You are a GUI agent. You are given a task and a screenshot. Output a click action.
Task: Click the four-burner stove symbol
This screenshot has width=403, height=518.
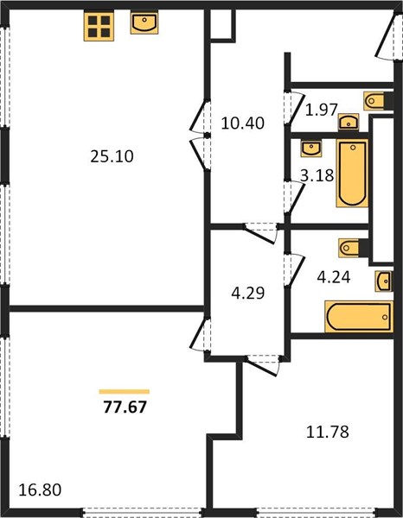(x=99, y=27)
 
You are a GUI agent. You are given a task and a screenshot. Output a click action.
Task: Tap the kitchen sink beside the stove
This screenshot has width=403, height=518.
(x=144, y=22)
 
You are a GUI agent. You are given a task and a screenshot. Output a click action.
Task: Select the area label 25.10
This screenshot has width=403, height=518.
(x=112, y=156)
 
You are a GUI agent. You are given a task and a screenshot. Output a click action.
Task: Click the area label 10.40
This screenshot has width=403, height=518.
(x=242, y=123)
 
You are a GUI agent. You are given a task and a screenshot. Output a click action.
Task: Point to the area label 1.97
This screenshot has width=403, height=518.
(x=321, y=110)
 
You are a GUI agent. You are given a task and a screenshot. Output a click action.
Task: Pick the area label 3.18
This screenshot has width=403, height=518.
(x=317, y=175)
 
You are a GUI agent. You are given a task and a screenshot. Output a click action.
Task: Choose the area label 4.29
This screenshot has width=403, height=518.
(x=248, y=293)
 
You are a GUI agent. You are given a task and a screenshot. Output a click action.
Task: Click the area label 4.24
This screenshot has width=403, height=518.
(x=334, y=277)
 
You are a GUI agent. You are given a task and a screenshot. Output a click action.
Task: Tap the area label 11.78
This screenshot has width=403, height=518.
(x=328, y=432)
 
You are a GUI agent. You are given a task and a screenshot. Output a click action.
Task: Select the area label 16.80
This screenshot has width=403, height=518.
(x=40, y=490)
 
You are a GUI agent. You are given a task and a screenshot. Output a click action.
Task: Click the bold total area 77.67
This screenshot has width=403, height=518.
(x=125, y=407)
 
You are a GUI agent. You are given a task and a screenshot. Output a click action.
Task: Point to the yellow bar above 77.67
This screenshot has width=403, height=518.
(x=125, y=392)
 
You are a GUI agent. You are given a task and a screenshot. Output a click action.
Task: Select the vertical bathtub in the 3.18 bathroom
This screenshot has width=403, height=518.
(x=352, y=174)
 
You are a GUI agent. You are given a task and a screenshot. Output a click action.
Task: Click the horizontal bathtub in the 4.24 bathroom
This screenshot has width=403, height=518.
(x=359, y=317)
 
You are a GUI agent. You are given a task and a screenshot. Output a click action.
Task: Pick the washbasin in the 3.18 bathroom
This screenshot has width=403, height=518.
(x=311, y=148)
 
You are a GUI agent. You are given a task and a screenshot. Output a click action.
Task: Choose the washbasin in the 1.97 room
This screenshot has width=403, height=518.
(x=349, y=122)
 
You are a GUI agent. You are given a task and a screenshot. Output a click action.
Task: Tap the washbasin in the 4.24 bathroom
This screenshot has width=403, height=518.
(x=384, y=281)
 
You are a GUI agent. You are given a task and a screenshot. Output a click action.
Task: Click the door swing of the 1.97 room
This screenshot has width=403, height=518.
(x=296, y=109)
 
